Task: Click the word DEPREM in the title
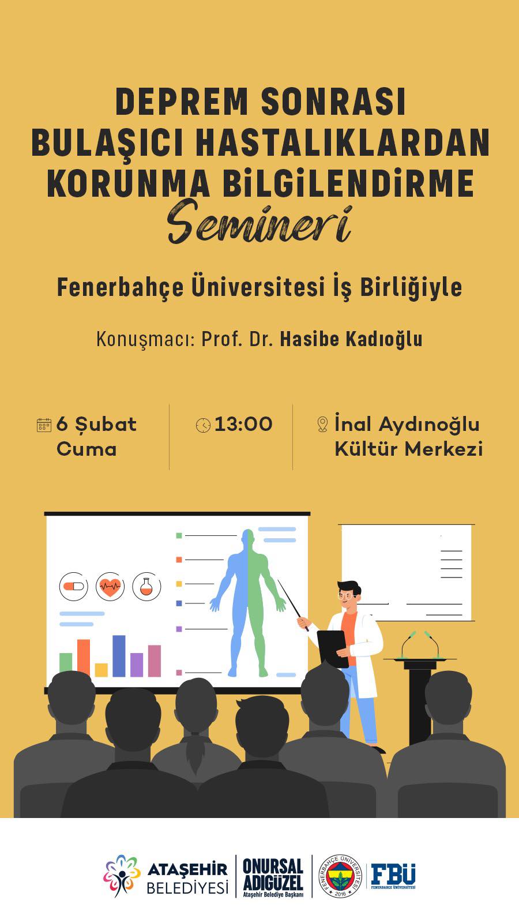coord(182,102)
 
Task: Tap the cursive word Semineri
coord(260,222)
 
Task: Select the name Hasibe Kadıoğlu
coord(351,339)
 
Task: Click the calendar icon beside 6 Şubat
coord(44,425)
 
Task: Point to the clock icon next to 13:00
coord(203,425)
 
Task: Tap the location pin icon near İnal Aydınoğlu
coord(322,424)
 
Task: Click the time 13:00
coord(243,425)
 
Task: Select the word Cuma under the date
coord(86,449)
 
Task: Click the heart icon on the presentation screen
coord(110,586)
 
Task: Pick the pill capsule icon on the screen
coord(74,586)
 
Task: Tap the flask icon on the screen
coord(146,586)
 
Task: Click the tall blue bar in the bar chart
coord(119,656)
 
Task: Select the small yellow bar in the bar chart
coord(101,670)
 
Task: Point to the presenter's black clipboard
coord(333,649)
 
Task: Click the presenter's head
coord(349,595)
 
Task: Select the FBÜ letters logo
coord(393,875)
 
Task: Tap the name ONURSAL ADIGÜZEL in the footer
coord(273,875)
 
